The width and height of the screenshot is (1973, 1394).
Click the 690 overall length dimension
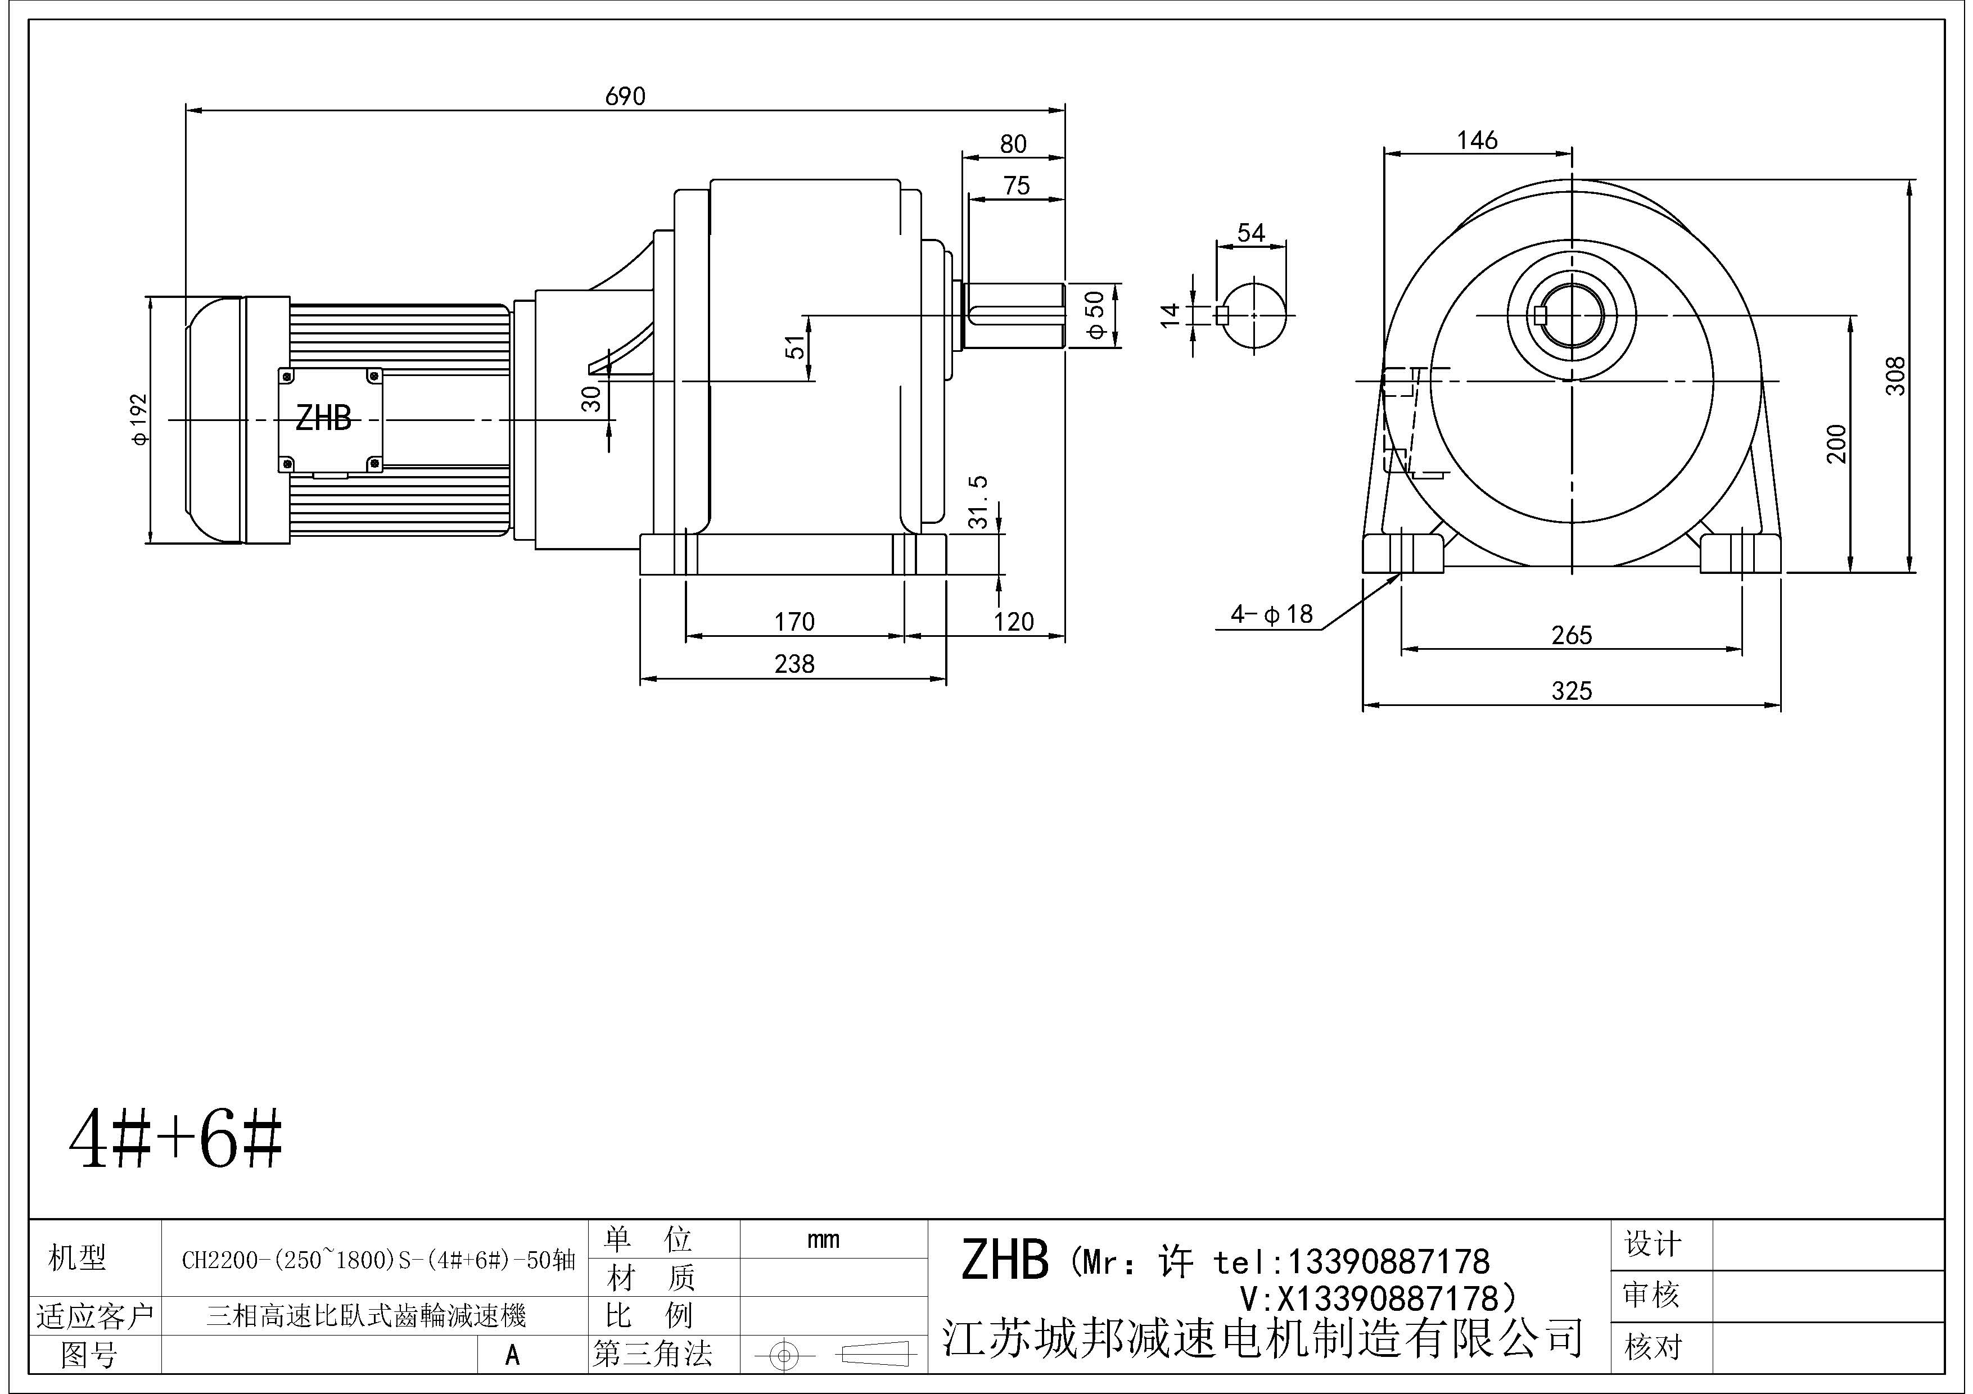tap(625, 96)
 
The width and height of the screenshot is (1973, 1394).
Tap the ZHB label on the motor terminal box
tap(323, 419)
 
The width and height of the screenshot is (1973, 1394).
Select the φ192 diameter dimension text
tap(140, 419)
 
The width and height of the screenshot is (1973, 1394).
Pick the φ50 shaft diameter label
tap(1096, 316)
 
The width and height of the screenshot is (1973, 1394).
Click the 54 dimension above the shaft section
tap(1251, 233)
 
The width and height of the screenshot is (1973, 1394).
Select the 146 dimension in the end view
tap(1477, 140)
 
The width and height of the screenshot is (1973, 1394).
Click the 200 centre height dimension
tap(1836, 444)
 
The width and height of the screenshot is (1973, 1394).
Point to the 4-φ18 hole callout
tap(1272, 614)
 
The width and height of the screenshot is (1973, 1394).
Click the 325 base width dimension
tap(1572, 691)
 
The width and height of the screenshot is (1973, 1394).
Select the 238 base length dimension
tap(794, 664)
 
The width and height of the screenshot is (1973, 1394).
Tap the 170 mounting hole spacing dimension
tap(794, 621)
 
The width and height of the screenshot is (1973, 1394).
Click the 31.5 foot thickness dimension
tap(978, 503)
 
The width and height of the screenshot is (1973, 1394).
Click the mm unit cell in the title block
tap(823, 1239)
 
